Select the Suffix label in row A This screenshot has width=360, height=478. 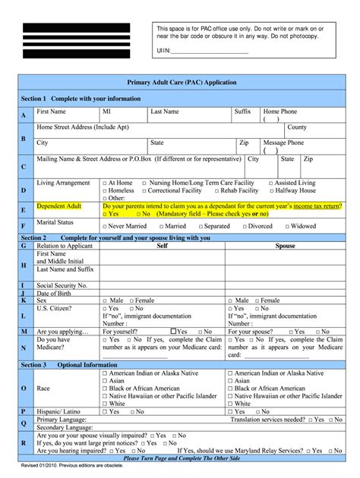[242, 111]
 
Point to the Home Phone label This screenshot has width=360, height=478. [279, 111]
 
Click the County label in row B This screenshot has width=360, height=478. [297, 127]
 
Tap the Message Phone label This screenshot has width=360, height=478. [283, 142]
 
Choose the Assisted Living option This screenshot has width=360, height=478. [293, 183]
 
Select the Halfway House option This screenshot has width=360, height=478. [295, 191]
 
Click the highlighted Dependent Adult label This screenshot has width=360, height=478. [58, 206]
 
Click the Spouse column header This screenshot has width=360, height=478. [286, 246]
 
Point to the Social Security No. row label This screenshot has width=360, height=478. [62, 285]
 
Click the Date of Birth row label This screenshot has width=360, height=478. [56, 293]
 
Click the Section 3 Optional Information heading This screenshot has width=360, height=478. [68, 364]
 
